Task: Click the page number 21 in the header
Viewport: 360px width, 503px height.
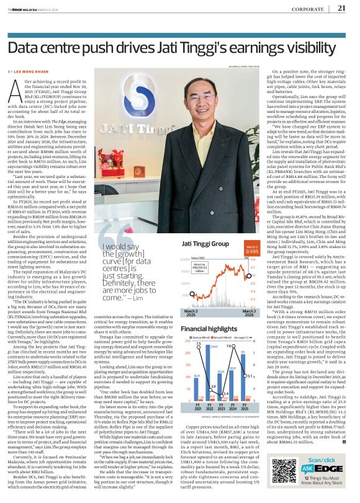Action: tap(341, 8)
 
